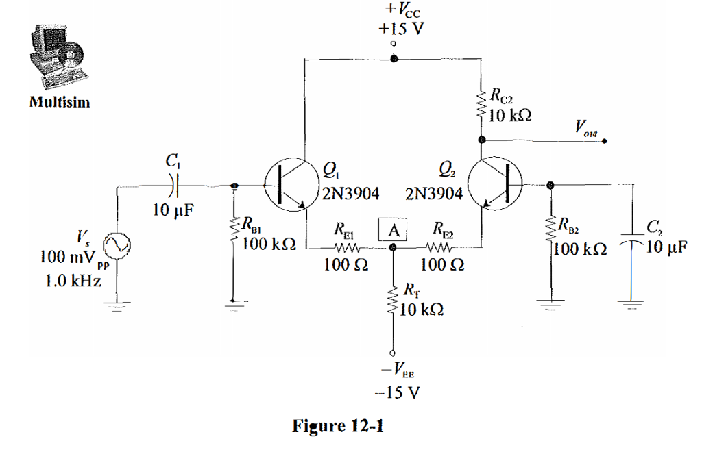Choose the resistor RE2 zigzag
point(437,249)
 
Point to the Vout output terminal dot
point(604,142)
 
